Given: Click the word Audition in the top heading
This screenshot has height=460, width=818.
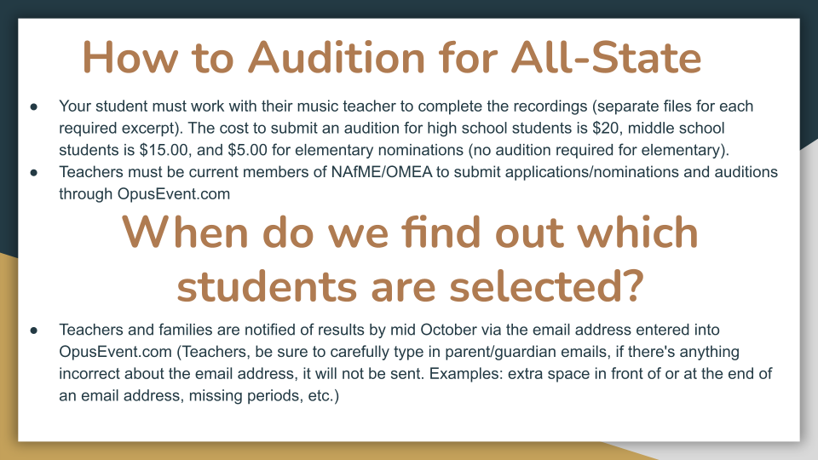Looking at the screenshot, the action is tap(337, 57).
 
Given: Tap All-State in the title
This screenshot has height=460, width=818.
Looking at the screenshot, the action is tap(606, 57).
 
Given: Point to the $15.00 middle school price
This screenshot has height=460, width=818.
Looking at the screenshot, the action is tap(164, 150).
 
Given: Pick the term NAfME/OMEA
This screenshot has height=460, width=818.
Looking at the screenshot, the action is tap(382, 172).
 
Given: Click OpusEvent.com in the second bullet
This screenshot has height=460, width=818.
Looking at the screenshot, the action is tap(174, 194).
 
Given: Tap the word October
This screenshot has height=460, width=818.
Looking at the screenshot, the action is tap(449, 331).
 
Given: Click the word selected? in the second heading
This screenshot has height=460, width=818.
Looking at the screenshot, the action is tap(547, 286).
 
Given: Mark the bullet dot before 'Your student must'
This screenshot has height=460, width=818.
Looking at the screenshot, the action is tap(34, 107).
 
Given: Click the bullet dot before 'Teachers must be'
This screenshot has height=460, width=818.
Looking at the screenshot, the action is tap(34, 173).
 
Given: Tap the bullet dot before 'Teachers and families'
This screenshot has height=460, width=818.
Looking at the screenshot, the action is tap(34, 331).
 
